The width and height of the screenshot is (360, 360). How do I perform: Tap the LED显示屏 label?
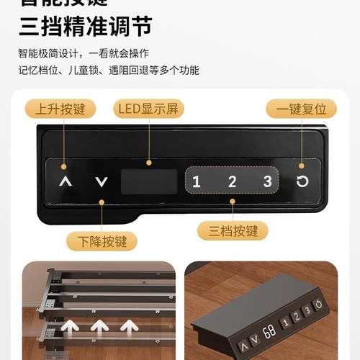[149, 109]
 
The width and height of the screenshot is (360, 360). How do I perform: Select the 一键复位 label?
[301, 109]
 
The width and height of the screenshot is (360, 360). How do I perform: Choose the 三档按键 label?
[233, 230]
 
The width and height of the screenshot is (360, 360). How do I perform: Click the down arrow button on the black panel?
[102, 181]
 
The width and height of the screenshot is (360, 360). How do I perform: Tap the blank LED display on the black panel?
[149, 181]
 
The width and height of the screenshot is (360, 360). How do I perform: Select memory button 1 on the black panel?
[197, 181]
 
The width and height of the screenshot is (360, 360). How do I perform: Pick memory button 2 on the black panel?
[232, 181]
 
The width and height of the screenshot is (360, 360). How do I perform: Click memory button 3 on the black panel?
[267, 181]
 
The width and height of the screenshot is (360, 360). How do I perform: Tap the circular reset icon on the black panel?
[302, 181]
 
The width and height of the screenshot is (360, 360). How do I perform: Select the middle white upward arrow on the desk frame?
[99, 329]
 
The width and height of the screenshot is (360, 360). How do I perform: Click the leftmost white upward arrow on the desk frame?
[70, 329]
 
